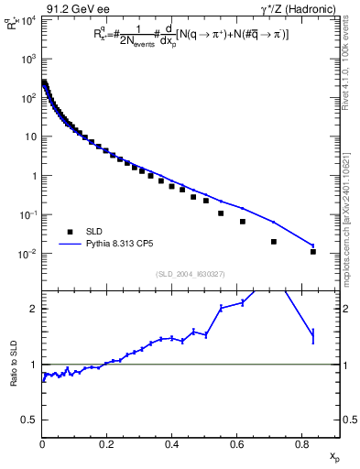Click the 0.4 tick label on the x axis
(172, 442)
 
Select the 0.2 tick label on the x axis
(107, 442)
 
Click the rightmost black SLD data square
(313, 251)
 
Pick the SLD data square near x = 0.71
(274, 242)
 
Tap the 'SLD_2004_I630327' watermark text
(191, 273)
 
